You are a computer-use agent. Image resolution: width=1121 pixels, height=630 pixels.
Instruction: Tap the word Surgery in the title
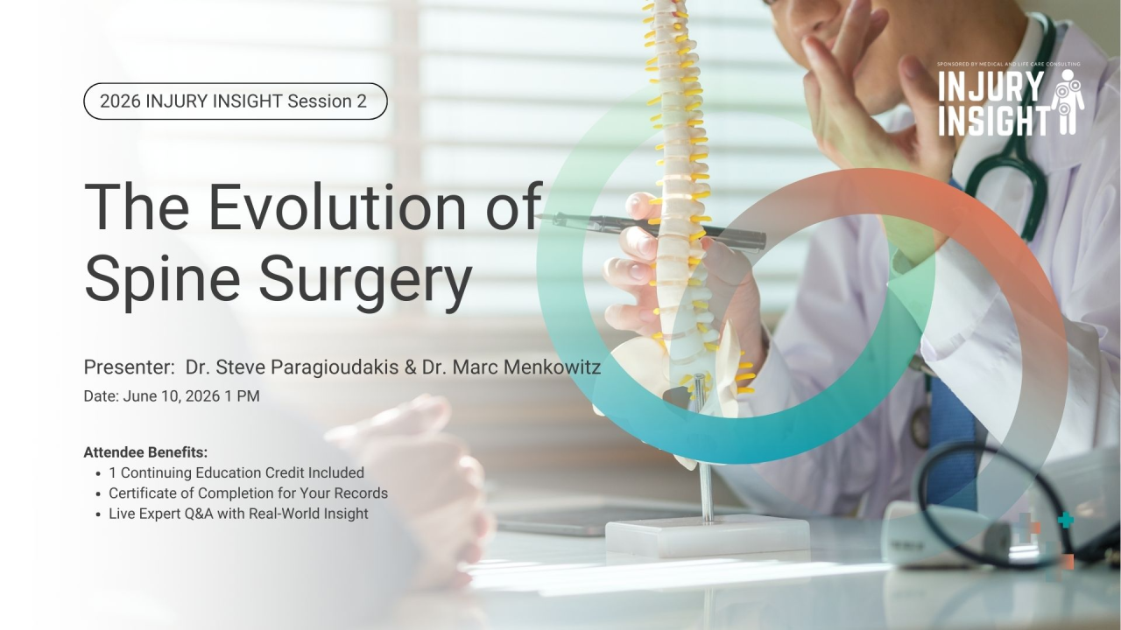[x=365, y=279]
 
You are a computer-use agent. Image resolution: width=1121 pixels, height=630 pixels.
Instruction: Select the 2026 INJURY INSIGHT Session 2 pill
[x=236, y=101]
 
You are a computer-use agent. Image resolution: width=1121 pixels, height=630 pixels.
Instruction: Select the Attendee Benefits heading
[x=145, y=452]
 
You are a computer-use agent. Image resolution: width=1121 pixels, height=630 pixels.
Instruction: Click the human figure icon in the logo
[x=1068, y=102]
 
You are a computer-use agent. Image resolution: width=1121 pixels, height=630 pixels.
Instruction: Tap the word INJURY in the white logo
[x=991, y=86]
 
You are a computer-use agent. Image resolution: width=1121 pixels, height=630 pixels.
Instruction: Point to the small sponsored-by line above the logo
[x=1008, y=64]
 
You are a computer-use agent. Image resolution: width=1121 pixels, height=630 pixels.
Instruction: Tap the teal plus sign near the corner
[x=1066, y=521]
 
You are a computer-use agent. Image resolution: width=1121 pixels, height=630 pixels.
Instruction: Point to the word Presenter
[x=129, y=367]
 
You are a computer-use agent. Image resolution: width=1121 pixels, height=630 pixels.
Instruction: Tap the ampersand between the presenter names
[x=411, y=367]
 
